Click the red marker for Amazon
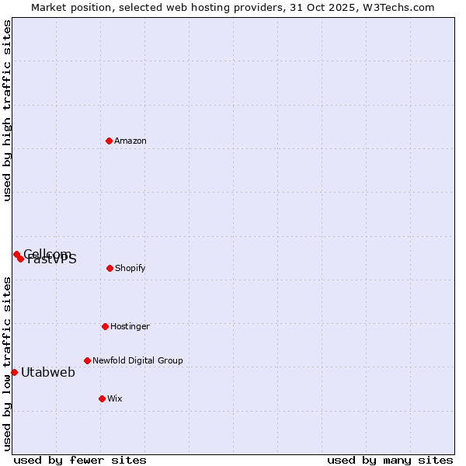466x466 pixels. coord(110,141)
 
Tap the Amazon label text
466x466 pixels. coord(130,141)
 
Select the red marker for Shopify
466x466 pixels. coord(110,268)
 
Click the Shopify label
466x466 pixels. coord(130,268)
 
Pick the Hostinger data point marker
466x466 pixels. coord(105,326)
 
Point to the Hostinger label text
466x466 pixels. coord(130,326)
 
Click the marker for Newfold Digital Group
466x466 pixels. coord(87,360)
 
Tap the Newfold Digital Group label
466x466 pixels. coord(137,360)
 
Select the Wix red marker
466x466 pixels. coord(102,398)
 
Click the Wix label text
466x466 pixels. coord(115,398)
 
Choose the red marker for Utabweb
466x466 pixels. coord(14,372)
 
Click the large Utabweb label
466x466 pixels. coord(48,372)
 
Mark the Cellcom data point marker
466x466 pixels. coord(16,254)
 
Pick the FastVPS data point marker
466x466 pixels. coord(21,259)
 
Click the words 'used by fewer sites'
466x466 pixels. coord(80,460)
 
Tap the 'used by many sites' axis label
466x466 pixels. coord(390,460)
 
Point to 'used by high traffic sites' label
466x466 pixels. coord(8,110)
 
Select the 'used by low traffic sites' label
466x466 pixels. coord(8,363)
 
